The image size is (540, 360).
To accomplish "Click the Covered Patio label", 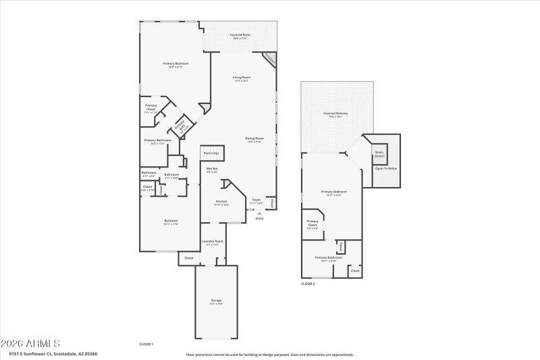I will [x=240, y=35].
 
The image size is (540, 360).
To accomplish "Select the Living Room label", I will [x=241, y=78].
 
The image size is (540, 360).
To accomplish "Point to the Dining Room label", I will [x=254, y=139].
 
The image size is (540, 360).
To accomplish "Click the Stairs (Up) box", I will [x=211, y=154].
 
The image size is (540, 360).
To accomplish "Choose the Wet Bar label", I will [x=211, y=170].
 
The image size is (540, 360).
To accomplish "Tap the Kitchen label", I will [x=221, y=202].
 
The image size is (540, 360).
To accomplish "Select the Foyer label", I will [x=256, y=201].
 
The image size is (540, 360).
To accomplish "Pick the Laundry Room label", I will [x=213, y=242].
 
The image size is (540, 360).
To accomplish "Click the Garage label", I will [x=216, y=301].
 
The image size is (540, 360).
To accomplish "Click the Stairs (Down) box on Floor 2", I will [x=379, y=154].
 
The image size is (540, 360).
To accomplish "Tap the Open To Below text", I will [x=386, y=168].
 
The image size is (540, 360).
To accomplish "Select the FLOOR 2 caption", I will [x=308, y=284].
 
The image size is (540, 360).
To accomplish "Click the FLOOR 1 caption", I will [x=146, y=344].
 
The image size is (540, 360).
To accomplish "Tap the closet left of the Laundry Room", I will [x=188, y=258].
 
